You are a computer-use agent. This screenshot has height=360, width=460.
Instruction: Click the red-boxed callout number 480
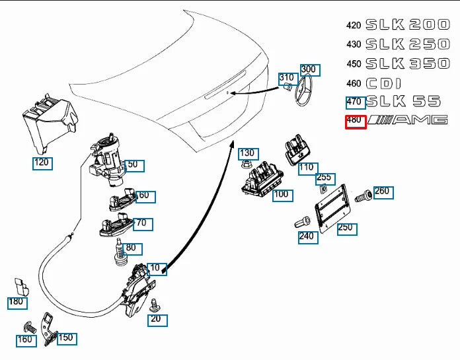355,121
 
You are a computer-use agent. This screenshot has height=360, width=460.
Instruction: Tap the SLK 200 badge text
406,25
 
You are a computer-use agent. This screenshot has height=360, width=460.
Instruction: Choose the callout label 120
42,162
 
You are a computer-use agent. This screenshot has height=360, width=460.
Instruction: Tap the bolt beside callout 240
303,222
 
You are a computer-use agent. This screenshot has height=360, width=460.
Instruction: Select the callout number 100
282,194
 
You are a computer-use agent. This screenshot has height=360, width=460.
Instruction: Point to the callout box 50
133,164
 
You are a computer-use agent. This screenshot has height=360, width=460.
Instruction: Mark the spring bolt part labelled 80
120,251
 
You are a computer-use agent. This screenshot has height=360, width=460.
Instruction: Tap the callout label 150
66,338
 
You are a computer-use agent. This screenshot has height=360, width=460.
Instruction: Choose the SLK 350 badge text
406,63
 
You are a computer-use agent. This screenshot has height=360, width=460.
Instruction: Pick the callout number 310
287,78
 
